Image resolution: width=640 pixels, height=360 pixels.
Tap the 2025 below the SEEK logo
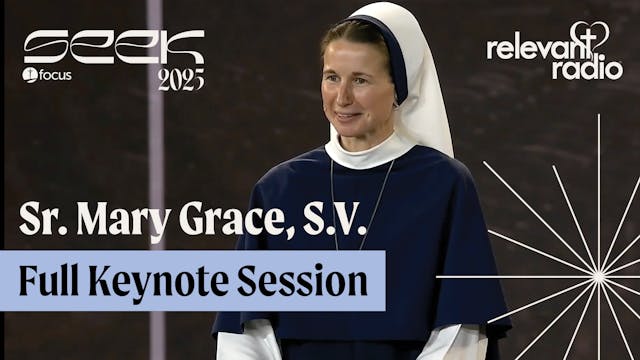point(180,79)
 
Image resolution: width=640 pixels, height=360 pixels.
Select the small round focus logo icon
point(29,75)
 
